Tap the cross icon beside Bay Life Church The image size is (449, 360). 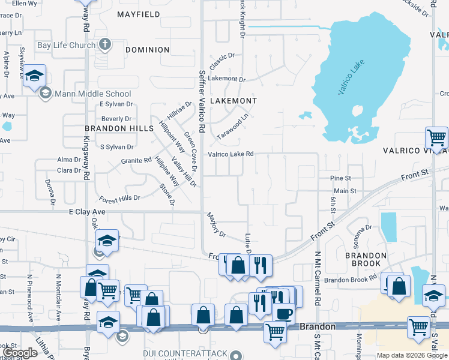105,44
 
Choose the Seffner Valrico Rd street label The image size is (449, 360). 202,101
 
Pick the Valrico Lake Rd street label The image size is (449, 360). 231,154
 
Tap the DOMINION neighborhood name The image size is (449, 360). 147,50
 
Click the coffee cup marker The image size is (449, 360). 283,313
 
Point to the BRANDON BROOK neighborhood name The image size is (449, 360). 363,259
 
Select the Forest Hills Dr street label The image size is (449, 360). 119,197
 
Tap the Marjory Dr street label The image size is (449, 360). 215,224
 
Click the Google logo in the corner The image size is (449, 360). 20,353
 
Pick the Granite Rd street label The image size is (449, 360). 136,161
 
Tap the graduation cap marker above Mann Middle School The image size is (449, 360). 35,76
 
